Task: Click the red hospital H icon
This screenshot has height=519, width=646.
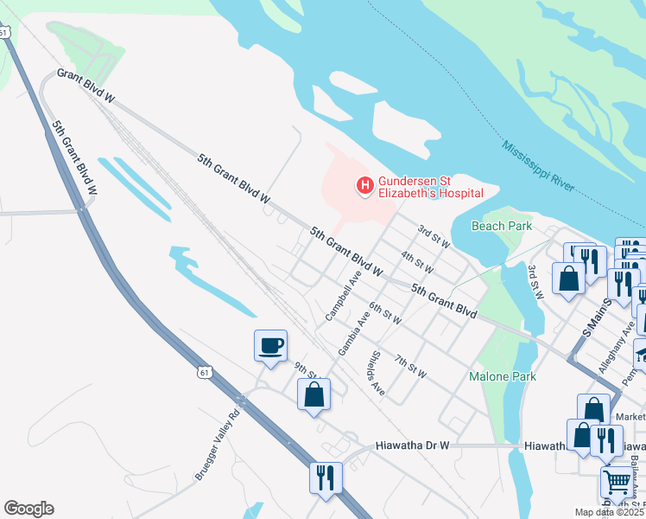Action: [x=364, y=185]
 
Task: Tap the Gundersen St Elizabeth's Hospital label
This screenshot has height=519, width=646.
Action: [x=430, y=186]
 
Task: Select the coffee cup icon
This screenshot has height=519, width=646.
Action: [x=270, y=346]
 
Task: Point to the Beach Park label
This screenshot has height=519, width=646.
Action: [x=502, y=226]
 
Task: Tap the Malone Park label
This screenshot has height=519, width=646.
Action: [x=502, y=376]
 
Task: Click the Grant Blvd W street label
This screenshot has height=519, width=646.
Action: [x=85, y=86]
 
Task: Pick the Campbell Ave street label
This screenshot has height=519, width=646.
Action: [x=343, y=297]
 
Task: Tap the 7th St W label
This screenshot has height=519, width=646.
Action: [x=410, y=366]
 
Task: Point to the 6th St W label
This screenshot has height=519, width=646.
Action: [x=385, y=313]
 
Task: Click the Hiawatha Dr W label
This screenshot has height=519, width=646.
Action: [x=413, y=445]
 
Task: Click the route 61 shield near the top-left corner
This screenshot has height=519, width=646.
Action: [x=5, y=32]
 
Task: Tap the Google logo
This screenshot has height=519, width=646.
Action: [x=28, y=509]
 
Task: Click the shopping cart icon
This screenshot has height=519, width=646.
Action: [x=617, y=482]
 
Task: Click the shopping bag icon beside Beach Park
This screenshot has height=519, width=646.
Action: [x=568, y=279]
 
